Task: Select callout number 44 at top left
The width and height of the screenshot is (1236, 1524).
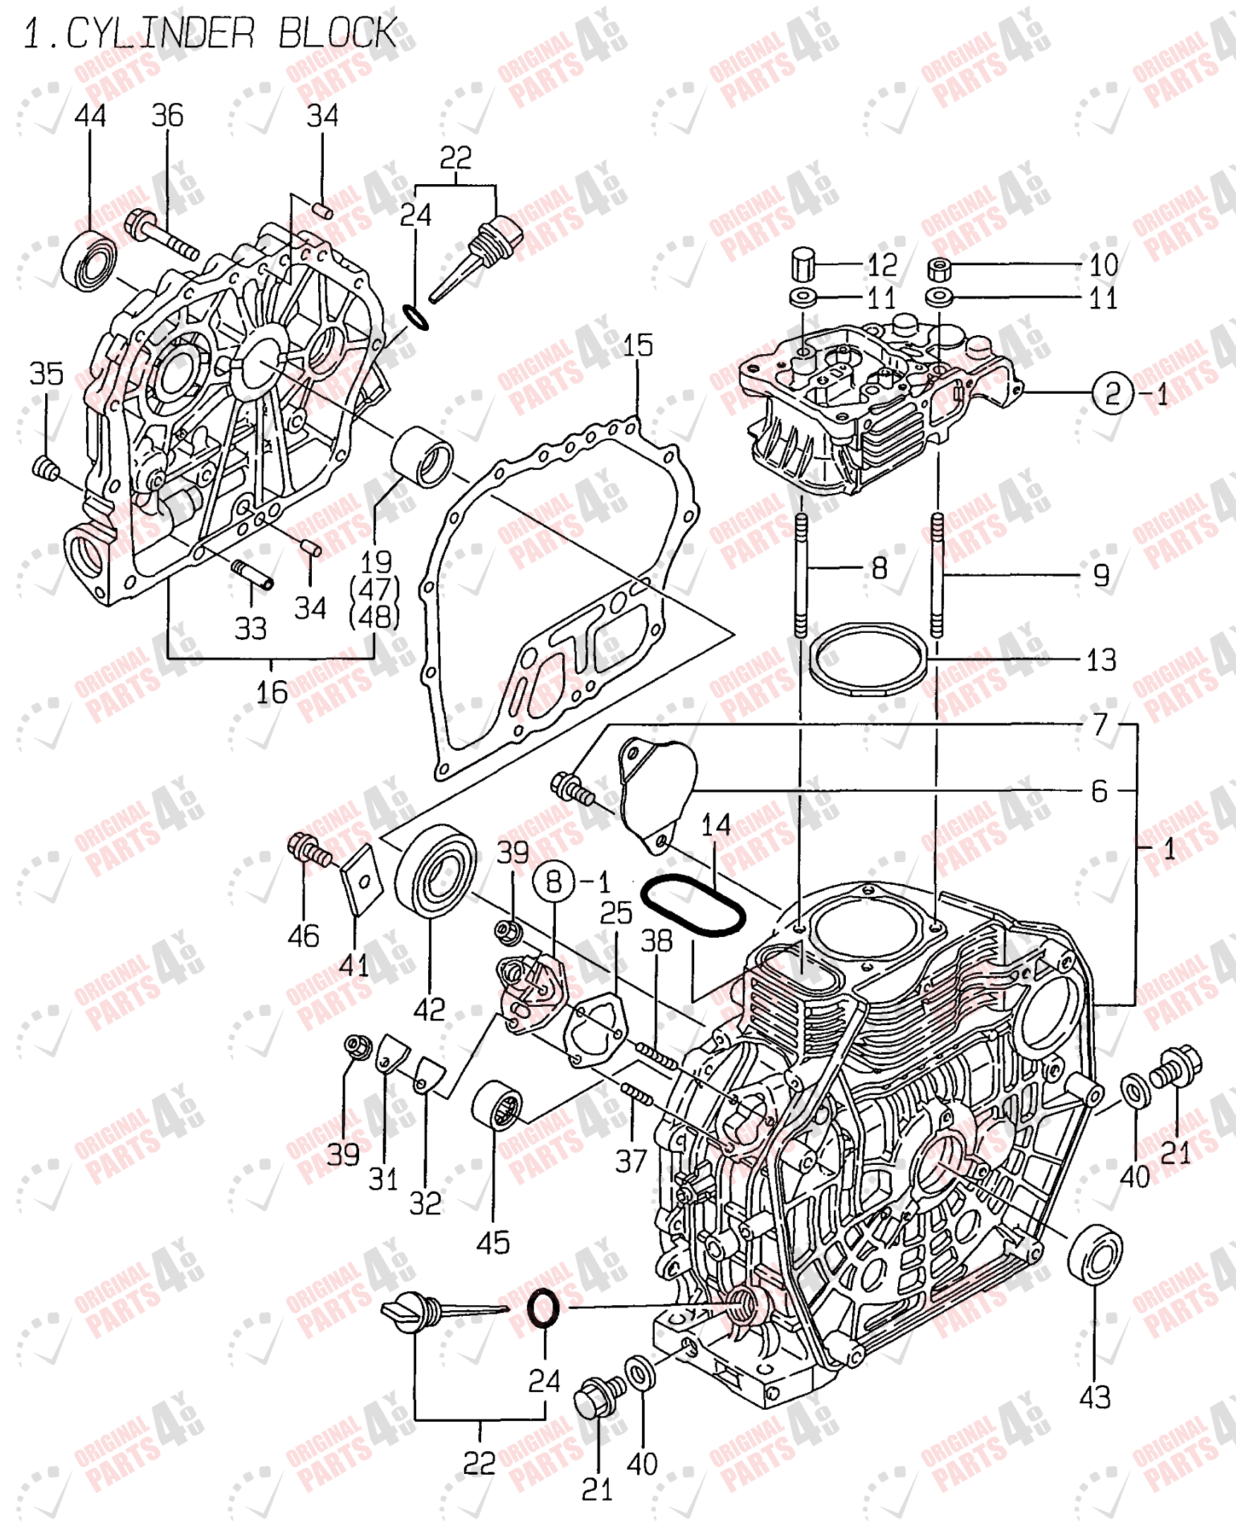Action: click(90, 116)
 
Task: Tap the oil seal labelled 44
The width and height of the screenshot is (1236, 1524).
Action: click(90, 260)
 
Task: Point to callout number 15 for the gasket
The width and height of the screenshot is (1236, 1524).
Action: click(637, 346)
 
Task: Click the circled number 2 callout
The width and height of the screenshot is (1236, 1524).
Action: click(1111, 393)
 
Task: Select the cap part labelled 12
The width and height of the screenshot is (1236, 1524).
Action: click(802, 264)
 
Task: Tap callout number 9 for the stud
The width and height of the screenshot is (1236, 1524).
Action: click(1101, 575)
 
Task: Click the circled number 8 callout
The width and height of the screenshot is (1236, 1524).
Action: click(554, 882)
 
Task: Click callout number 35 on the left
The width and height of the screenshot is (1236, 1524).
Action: click(47, 373)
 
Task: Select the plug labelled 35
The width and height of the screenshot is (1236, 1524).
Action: click(47, 468)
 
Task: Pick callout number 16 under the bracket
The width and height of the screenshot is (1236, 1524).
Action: click(272, 692)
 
